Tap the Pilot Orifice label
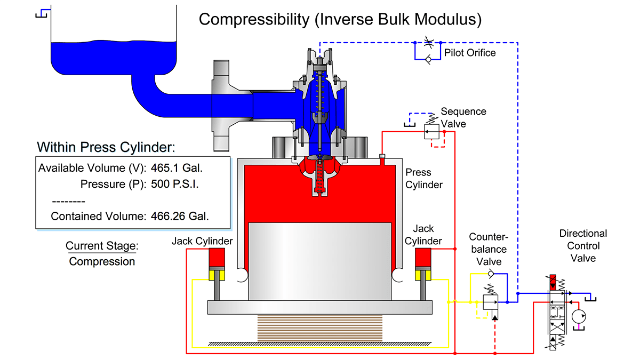470,52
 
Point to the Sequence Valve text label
463,117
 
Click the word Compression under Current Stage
102,261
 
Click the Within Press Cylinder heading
106,147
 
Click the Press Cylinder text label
424,178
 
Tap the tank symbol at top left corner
42,13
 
